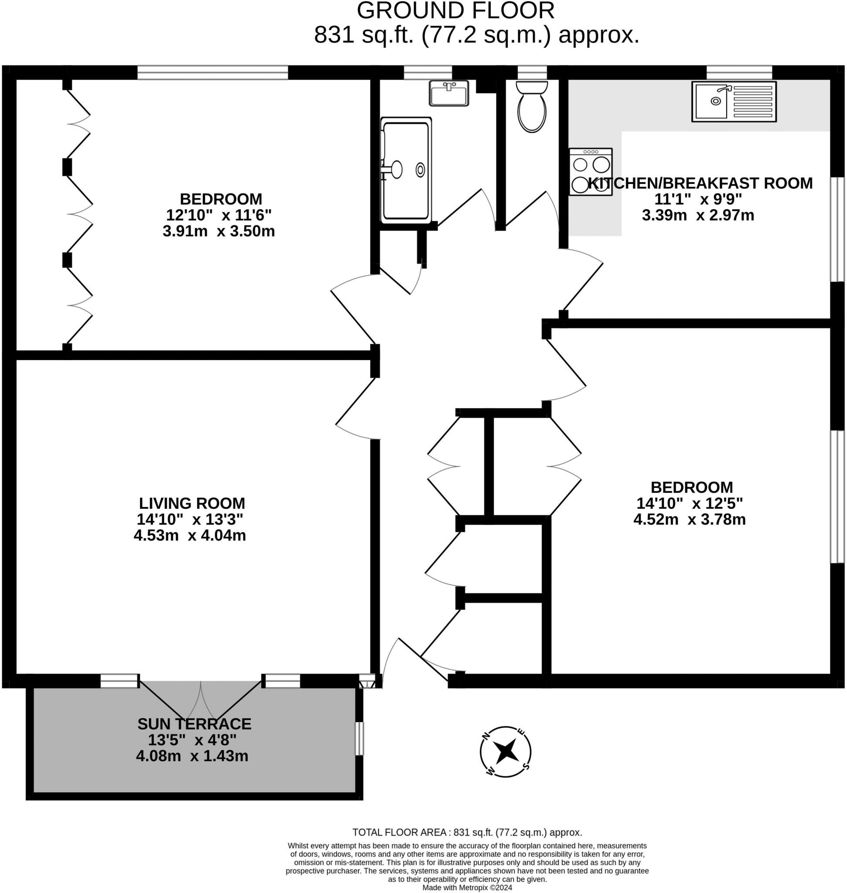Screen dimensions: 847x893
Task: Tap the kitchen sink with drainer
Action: point(734,102)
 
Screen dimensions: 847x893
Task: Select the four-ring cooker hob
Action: point(591,172)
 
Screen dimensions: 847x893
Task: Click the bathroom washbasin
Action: point(449,93)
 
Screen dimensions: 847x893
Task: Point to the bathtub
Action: point(406,170)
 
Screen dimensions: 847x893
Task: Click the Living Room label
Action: point(192,503)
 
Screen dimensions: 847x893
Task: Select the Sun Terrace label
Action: point(194,724)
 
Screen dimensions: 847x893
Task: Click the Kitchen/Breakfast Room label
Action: point(700,183)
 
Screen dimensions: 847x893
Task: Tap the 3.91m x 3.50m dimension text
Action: point(219,231)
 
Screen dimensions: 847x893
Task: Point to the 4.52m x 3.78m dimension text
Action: point(690,520)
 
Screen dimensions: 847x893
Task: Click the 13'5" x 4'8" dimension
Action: point(192,740)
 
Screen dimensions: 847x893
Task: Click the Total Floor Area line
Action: point(467,832)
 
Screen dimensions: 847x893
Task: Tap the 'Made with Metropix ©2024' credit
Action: point(467,888)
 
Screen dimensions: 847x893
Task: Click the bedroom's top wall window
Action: point(213,72)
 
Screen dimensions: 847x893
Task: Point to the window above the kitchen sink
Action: point(739,72)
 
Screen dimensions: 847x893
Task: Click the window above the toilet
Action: point(532,72)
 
